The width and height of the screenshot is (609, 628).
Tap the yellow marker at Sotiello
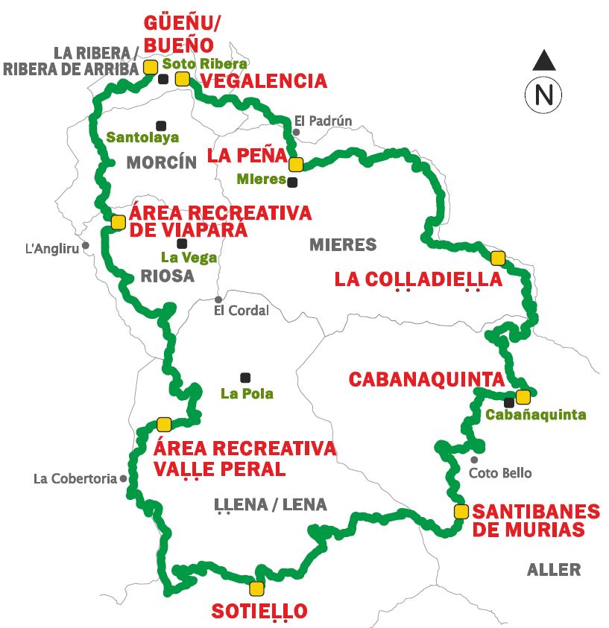tap(256, 587)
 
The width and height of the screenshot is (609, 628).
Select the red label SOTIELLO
tap(259, 612)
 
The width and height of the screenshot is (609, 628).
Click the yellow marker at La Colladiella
tap(498, 258)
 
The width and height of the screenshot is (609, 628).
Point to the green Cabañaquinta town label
tap(535, 415)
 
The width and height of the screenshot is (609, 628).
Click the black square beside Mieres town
tap(292, 182)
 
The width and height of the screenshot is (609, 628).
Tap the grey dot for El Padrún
tap(296, 133)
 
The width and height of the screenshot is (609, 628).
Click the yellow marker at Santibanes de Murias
tap(461, 511)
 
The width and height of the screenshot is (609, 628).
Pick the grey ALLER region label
tap(553, 570)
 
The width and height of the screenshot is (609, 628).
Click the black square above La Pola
tap(245, 377)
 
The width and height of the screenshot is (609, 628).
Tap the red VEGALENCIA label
tap(264, 81)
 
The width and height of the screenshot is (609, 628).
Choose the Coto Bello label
tap(500, 473)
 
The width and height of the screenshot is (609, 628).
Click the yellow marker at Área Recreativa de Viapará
tap(118, 221)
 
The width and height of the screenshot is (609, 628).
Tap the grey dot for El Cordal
tap(218, 299)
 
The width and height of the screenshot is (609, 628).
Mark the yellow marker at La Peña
tap(295, 164)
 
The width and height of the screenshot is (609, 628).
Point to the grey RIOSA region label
tap(167, 276)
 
